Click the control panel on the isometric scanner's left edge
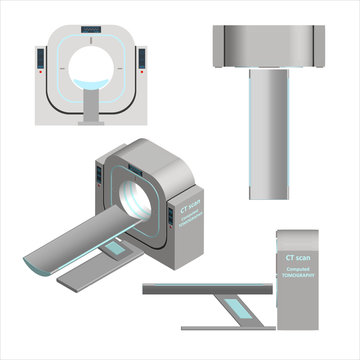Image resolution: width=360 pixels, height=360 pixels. [101, 176]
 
